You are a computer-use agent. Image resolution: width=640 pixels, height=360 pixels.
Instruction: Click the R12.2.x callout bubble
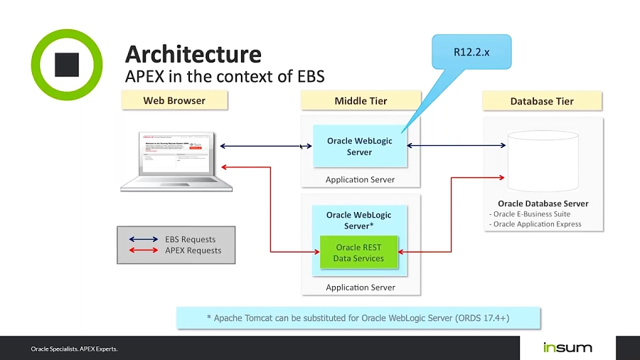pos(471,52)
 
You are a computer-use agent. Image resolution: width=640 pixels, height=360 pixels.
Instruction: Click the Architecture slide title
pos(193,53)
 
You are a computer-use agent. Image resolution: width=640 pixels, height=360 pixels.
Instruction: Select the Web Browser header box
pos(174,100)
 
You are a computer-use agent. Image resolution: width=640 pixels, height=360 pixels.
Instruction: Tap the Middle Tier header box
pos(361,100)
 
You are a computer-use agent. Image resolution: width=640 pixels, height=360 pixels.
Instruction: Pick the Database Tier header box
pos(542,101)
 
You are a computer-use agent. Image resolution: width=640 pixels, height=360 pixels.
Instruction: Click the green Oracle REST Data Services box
pos(358,253)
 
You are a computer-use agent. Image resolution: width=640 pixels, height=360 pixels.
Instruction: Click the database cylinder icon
pos(543,162)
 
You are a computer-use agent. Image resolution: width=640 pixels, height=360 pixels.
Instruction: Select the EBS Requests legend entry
pos(190,239)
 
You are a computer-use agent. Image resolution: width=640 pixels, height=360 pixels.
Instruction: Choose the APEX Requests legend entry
pos(193,250)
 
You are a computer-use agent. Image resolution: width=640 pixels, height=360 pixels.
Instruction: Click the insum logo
pos(567,347)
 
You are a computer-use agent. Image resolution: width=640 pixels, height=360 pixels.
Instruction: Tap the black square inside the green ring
pos(69,65)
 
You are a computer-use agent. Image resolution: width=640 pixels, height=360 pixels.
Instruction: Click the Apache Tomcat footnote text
pos(358,317)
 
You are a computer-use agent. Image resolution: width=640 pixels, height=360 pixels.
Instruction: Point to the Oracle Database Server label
pos(543,203)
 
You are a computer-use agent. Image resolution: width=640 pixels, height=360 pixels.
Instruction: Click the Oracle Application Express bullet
pos(535,224)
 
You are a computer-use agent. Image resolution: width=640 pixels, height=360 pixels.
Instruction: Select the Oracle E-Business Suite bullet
pos(530,214)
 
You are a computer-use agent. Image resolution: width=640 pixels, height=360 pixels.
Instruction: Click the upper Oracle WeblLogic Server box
pos(360,146)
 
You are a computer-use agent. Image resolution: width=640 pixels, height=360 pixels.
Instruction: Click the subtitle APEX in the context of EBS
pos(225,75)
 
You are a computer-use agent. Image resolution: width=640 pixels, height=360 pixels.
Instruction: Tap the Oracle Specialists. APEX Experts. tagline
pos(74,349)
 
